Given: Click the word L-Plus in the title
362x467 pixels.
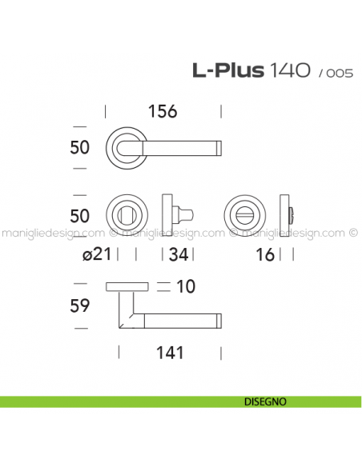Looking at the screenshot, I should click(227, 71).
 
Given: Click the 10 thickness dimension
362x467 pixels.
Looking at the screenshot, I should click(187, 285).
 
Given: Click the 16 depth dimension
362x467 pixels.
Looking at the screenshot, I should click(267, 254).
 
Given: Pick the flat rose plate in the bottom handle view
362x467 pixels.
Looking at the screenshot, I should click(127, 285).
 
